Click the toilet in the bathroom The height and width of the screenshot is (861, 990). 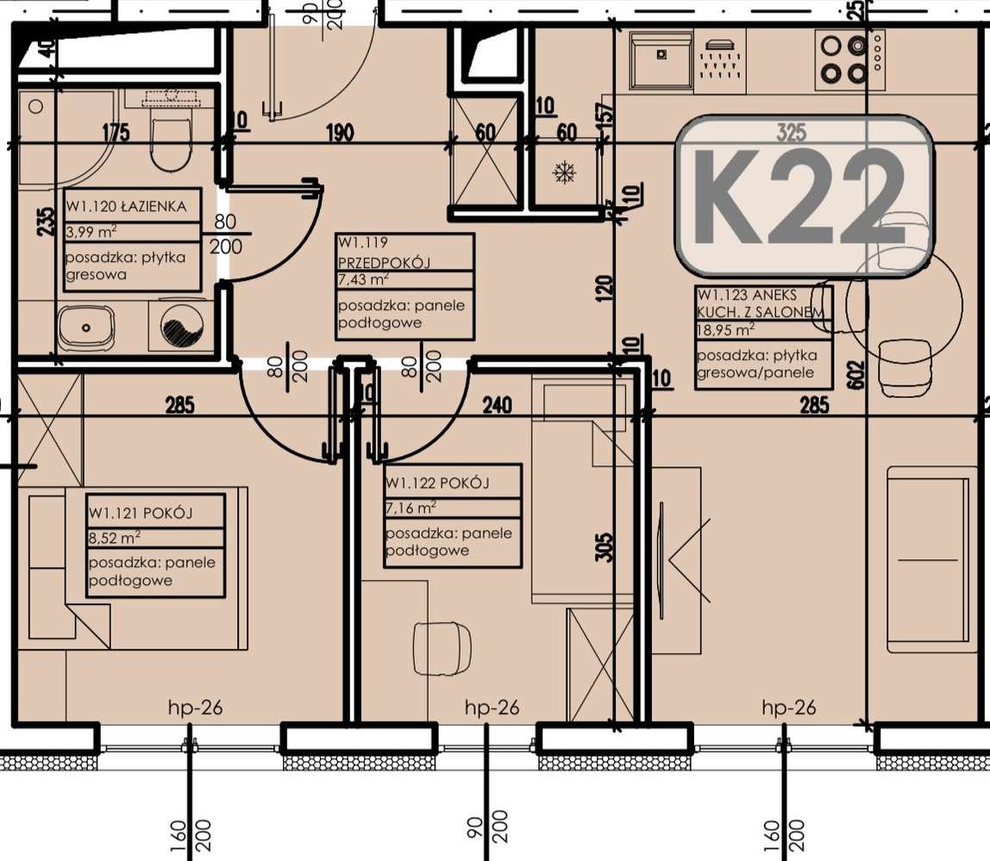tap(171, 142)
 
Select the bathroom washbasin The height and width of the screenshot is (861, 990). tap(86, 329)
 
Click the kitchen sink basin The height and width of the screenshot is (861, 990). tap(661, 60)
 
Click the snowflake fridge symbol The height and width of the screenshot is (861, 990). tap(564, 172)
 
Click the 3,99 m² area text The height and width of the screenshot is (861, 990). tap(91, 232)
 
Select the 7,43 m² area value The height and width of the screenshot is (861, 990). tap(363, 279)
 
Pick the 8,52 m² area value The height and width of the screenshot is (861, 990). tap(115, 538)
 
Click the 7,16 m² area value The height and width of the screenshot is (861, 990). tap(411, 508)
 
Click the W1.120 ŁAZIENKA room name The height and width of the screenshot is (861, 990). tap(126, 206)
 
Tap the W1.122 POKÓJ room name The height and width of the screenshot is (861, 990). tap(437, 484)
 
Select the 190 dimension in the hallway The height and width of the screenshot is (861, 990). tap(340, 133)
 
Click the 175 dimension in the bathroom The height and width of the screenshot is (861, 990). tap(116, 133)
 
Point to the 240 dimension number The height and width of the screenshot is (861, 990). tap(497, 404)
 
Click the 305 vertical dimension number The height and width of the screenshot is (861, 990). tap(604, 547)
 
